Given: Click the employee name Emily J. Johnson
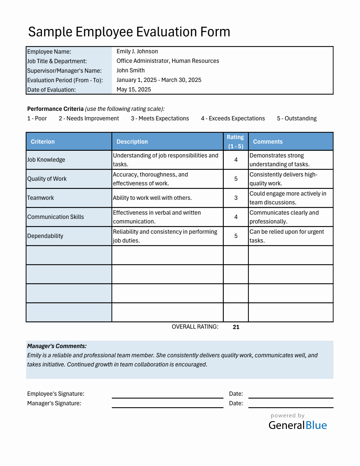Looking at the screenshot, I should tap(137, 52).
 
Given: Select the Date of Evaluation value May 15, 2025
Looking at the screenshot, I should tap(133, 90).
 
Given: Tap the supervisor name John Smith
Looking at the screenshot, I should tap(130, 71).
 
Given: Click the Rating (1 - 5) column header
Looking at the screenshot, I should tap(235, 142).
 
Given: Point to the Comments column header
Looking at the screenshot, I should tap(268, 142).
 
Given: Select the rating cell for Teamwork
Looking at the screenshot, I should tap(236, 198).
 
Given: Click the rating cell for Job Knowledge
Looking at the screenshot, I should tap(236, 160).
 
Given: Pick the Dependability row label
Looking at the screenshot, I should tap(45, 236).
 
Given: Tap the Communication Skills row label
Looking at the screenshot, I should tap(55, 217).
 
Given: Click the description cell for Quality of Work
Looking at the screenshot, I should tap(167, 179).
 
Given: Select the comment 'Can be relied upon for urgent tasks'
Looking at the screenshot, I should tap(287, 236).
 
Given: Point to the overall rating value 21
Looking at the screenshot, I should tap(236, 327).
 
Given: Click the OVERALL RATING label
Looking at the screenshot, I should tap(195, 327).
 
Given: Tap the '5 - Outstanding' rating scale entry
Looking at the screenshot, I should tap(296, 119).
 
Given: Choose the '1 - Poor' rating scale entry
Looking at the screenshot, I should tap(37, 119).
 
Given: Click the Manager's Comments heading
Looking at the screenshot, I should tap(57, 346).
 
